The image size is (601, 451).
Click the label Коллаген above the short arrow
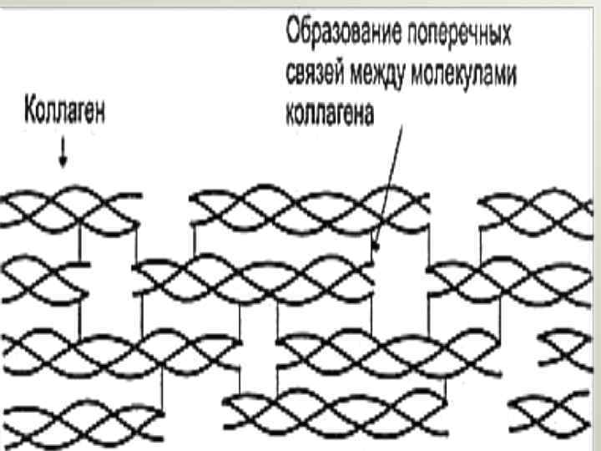(x=65, y=111)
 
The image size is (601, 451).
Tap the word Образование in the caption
(x=342, y=34)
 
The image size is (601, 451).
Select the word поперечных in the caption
(x=458, y=34)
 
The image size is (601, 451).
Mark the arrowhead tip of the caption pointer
(x=376, y=247)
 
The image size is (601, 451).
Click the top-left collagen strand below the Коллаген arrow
(x=71, y=210)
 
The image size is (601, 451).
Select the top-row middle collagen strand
(x=309, y=209)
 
